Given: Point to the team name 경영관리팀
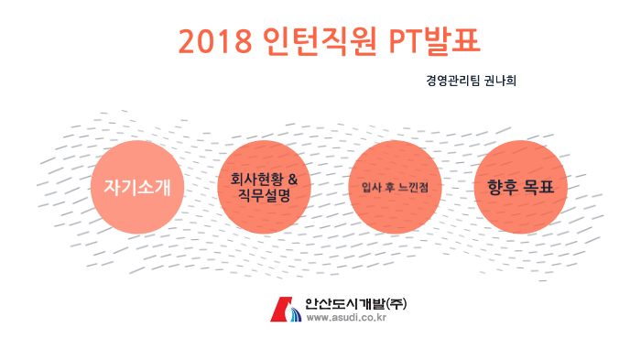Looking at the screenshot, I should [x=451, y=81].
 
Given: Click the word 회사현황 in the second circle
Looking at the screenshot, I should [x=257, y=179].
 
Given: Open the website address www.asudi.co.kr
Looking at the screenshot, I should [x=346, y=318].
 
